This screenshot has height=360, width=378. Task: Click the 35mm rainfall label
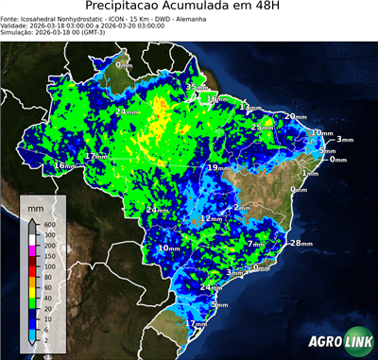click(x=193, y=87)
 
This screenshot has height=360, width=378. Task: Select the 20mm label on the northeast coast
click(x=297, y=115)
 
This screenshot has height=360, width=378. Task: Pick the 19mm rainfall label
click(x=219, y=167)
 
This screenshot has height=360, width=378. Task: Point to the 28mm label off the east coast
click(x=301, y=243)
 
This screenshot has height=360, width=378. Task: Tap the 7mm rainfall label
click(x=256, y=243)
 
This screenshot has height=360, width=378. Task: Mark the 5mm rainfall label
click(x=328, y=150)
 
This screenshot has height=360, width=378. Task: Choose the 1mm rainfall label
click(x=309, y=174)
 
